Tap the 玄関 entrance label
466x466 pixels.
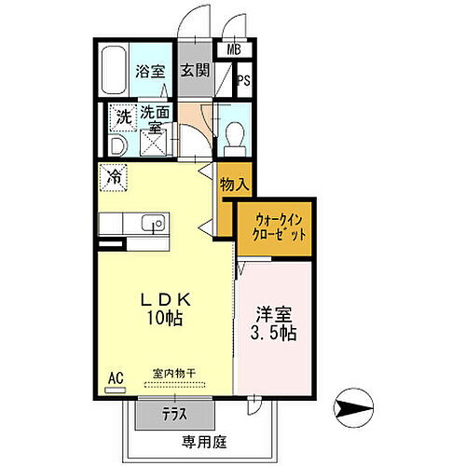click(x=194, y=70)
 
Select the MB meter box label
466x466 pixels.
click(x=232, y=52)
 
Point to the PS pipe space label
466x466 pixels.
click(x=242, y=81)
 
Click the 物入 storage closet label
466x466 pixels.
click(x=234, y=185)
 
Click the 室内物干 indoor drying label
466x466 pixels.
click(x=175, y=377)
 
